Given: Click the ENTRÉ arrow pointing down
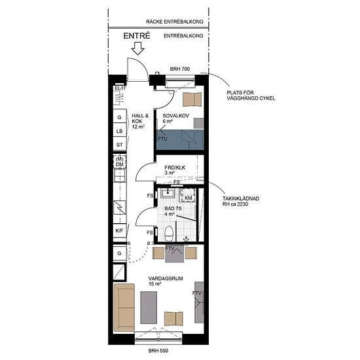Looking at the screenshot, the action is click(x=137, y=48).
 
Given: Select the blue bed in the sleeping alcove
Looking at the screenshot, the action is click(x=180, y=139).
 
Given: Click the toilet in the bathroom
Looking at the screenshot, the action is click(x=169, y=233).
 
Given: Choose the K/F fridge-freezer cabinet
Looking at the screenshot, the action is click(x=120, y=231).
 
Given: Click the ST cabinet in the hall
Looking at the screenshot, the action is click(x=120, y=145).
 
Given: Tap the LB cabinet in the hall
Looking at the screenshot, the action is click(x=120, y=131).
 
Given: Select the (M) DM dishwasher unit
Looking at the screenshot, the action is click(x=120, y=162).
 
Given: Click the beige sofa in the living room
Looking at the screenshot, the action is click(x=124, y=308).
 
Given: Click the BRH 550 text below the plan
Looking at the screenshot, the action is click(x=158, y=351).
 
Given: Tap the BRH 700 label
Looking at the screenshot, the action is click(x=180, y=69).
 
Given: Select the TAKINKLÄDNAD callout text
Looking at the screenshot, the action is click(x=241, y=198).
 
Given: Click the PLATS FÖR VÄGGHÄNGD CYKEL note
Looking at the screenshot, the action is click(x=251, y=96).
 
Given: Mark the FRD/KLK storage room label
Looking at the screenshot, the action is click(x=175, y=168).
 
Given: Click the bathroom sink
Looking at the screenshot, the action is click(x=168, y=193).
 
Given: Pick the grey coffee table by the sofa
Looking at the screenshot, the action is click(x=149, y=308).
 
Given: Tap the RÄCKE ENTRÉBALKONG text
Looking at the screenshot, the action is click(x=175, y=22).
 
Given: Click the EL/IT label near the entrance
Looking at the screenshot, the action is click(x=120, y=88).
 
